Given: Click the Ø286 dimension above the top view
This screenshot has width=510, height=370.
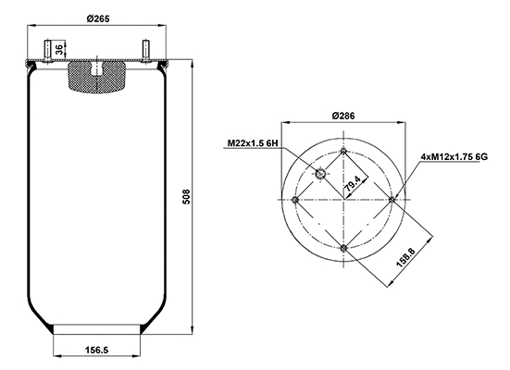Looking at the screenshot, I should tap(343, 116).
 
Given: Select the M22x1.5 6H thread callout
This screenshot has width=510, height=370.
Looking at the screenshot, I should tap(252, 143).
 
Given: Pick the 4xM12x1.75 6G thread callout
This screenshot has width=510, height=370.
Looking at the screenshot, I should tap(454, 158).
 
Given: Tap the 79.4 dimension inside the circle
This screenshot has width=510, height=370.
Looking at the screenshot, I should tap(351, 189).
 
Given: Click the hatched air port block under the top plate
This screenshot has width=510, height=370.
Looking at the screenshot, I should tap(98, 77).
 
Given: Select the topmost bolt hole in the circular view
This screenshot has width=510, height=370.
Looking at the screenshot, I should tap(343, 152).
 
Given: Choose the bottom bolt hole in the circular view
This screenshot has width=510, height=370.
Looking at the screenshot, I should tap(343, 247).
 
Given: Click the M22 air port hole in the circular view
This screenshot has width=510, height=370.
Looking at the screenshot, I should tap(321, 176).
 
